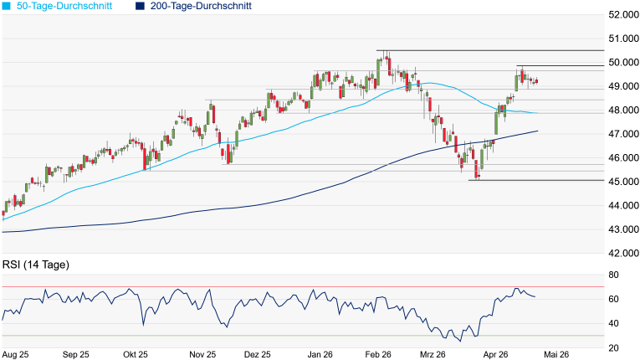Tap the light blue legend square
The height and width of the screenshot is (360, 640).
(x=7, y=6)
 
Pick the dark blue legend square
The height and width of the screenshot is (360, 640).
(x=138, y=6)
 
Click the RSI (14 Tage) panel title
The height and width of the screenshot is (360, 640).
(x=36, y=265)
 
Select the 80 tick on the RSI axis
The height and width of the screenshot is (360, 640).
(x=613, y=275)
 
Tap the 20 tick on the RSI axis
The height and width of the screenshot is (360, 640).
(x=613, y=347)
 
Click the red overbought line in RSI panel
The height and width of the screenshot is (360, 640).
(x=301, y=287)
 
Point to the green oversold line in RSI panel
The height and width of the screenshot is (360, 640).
(x=301, y=336)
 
